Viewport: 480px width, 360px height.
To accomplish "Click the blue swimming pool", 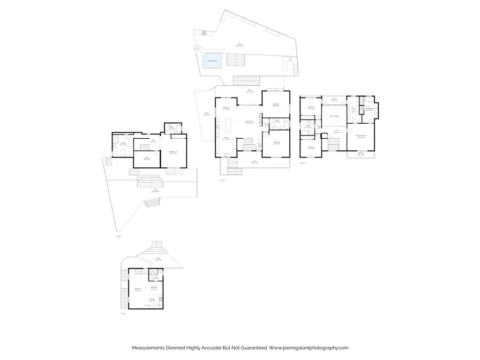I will (212, 62).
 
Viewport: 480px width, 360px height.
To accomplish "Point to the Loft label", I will (336, 132).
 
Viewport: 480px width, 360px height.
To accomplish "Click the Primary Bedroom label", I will (360, 136).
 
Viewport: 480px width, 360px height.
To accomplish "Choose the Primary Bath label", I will (369, 109).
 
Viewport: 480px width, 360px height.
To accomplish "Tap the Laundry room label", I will (123, 144).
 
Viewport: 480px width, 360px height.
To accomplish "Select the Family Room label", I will (173, 152).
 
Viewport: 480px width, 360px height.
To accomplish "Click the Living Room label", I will (249, 122).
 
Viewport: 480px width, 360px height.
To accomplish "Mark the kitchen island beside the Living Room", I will (230, 126).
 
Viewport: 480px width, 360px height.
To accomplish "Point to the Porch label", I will (255, 163).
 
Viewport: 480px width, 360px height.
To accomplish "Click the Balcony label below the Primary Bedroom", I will (360, 154).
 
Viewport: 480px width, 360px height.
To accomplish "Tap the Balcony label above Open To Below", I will (335, 99).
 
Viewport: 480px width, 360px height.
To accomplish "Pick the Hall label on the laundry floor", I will (153, 141).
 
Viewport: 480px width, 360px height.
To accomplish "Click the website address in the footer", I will (309, 348).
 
